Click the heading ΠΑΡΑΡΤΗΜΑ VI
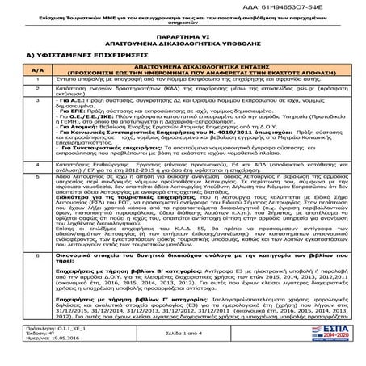click(x=183, y=36)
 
